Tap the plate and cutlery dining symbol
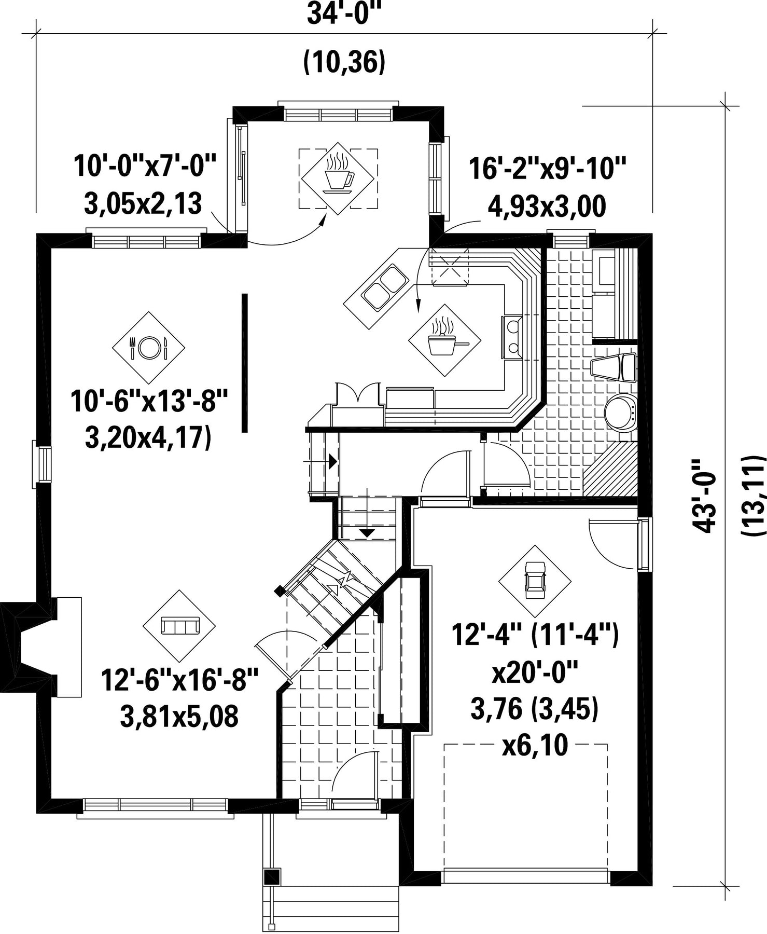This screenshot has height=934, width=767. [x=148, y=348]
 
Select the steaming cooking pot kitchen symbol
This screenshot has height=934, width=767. [x=444, y=340]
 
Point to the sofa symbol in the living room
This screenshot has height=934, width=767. [x=179, y=626]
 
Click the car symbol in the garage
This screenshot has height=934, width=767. [x=535, y=581]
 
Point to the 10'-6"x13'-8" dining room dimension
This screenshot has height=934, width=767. [x=149, y=402]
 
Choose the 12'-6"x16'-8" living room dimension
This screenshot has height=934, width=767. [x=179, y=680]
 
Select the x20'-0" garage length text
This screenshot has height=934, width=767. [x=535, y=675]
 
